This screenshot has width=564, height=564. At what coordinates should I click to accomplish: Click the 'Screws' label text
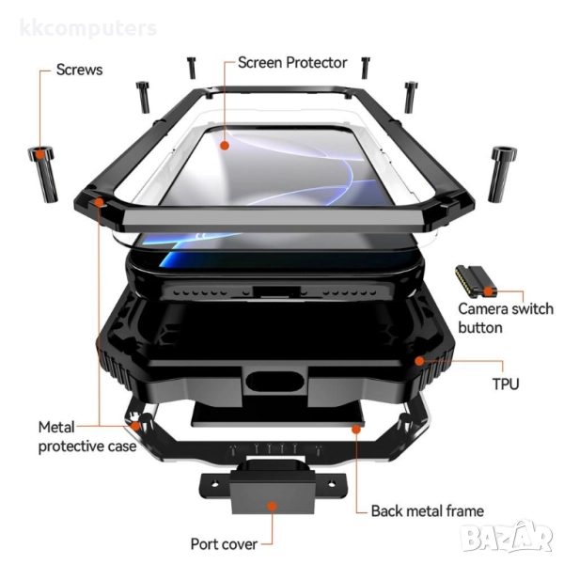[79, 70]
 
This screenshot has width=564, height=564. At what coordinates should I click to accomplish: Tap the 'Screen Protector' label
[292, 63]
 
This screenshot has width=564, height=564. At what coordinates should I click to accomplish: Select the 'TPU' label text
[506, 384]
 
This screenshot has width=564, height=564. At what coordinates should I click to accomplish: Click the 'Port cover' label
[224, 544]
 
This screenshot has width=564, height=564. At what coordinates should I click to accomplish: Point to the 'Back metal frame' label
[428, 510]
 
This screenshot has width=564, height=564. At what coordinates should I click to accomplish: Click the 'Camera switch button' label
[506, 319]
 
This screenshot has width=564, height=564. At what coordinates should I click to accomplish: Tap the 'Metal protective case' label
[87, 437]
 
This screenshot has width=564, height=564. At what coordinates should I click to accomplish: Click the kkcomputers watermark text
[88, 28]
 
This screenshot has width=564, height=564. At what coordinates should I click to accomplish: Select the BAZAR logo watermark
[508, 537]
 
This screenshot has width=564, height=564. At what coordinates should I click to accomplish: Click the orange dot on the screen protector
[225, 146]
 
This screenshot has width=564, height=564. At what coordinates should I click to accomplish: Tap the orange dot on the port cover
[273, 506]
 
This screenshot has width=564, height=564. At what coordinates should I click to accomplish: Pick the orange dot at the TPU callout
[419, 361]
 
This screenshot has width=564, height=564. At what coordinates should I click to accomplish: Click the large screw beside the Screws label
[43, 174]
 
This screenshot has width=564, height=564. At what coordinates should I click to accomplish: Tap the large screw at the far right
[502, 174]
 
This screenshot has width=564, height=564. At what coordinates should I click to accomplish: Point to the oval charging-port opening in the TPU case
[275, 382]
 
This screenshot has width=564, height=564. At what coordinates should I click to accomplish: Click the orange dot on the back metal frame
[356, 430]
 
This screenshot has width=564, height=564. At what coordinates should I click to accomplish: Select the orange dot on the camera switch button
[488, 291]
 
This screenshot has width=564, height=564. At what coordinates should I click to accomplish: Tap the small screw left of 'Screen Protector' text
[192, 68]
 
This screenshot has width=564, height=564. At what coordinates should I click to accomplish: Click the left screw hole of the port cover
[214, 484]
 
